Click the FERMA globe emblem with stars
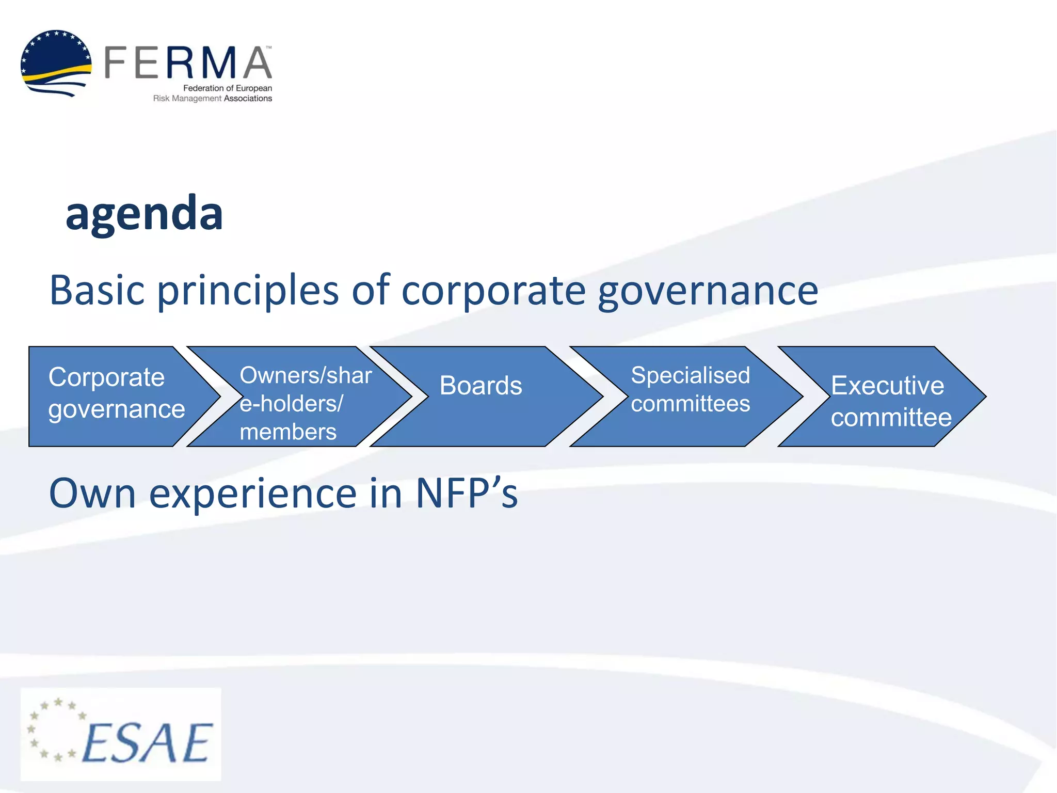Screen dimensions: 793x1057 56,63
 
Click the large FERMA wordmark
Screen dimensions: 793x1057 188,63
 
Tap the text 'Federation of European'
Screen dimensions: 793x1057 228,88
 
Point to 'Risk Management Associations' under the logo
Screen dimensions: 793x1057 212,99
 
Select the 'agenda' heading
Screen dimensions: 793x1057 144,213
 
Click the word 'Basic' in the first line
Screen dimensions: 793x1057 97,290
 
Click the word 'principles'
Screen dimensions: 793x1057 248,291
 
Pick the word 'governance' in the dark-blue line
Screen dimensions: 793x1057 708,291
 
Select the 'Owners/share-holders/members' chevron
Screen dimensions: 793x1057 305,403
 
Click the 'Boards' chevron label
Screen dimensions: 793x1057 481,386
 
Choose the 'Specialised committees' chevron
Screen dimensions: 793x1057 690,389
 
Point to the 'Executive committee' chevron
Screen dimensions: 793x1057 890,401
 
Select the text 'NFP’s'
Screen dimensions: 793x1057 467,494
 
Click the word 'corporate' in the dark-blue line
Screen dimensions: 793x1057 493,291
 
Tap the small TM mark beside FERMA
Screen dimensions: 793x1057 268,47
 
